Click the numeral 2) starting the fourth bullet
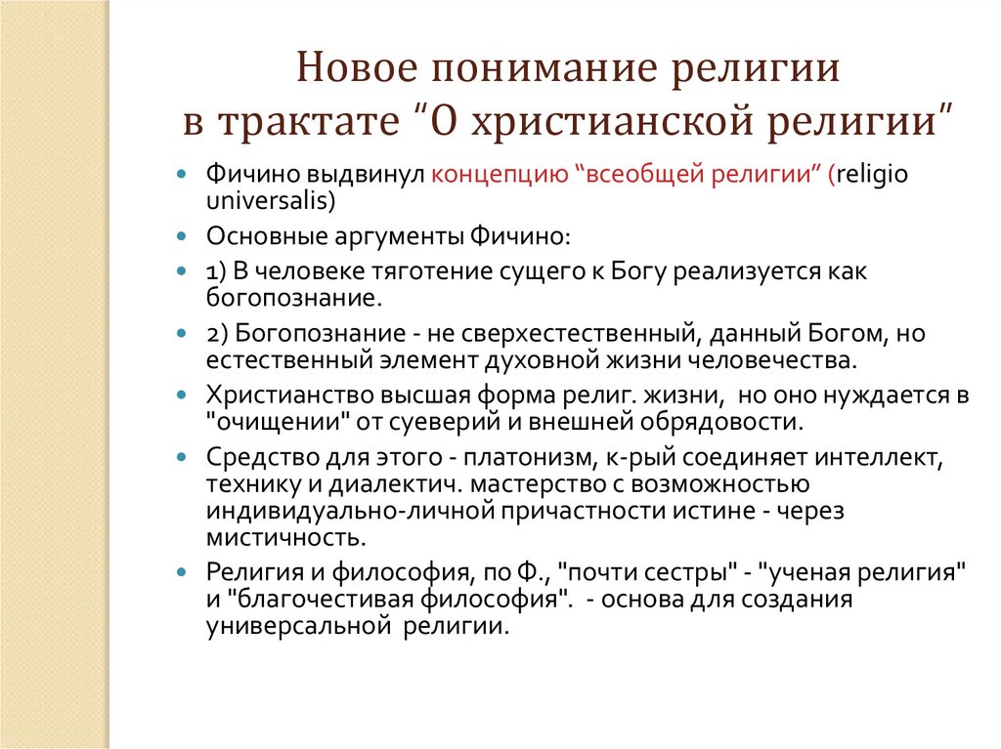coord(219,333)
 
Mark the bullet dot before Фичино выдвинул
coord(182,175)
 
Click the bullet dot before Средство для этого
coord(182,457)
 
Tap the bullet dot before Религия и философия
coord(182,572)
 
